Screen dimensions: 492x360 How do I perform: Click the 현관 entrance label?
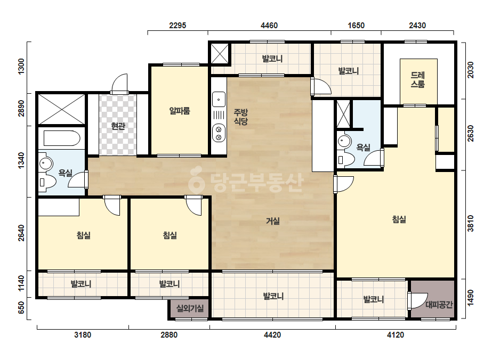point(118,126)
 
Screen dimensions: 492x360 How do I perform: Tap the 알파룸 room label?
point(180,111)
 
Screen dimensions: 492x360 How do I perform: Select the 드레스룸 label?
point(418,80)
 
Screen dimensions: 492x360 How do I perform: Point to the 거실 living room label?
point(273,221)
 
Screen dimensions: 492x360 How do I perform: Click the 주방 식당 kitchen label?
point(240,117)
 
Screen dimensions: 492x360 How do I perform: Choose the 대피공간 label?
point(439,305)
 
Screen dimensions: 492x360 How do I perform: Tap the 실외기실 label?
point(190,308)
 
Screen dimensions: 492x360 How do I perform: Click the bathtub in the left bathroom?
point(62,138)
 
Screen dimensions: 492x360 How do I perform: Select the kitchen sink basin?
point(219,100)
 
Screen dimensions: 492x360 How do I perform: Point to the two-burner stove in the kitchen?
point(219,133)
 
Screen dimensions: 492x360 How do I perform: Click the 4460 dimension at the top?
point(269,26)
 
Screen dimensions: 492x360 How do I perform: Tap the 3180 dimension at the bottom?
point(83,335)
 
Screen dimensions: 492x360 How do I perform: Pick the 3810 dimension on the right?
point(471,223)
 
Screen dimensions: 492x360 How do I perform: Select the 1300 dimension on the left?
point(21,67)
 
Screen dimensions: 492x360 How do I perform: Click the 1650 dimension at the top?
point(356,26)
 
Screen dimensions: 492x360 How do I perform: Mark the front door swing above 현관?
point(120,84)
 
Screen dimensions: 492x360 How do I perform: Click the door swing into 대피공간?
point(417,301)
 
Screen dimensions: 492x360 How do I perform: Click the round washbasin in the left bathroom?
point(46,163)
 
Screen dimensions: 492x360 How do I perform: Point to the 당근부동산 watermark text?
point(246,183)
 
